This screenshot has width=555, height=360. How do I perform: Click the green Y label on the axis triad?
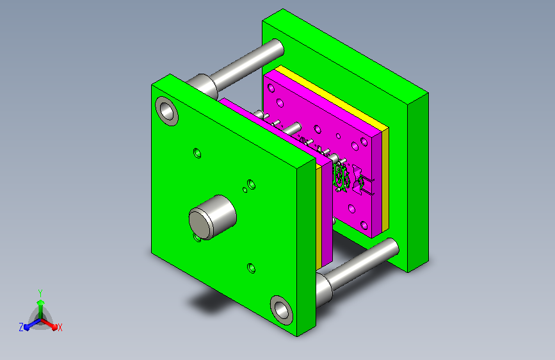click(x=40, y=293)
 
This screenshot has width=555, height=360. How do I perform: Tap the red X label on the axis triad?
click(x=60, y=327)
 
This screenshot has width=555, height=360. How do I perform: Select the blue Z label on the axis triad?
click(x=21, y=327)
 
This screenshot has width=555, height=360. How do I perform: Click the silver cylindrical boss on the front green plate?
click(x=213, y=217)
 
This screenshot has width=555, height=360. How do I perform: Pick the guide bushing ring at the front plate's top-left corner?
click(x=166, y=111)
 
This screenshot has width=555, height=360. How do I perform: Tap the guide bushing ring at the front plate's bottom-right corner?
click(x=282, y=311)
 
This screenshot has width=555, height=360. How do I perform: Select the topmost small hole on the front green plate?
click(x=197, y=153)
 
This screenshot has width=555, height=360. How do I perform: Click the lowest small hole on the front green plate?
click(x=251, y=268)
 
